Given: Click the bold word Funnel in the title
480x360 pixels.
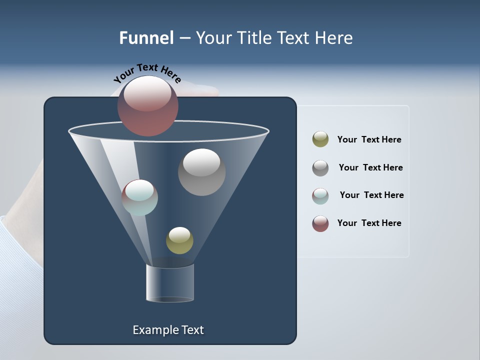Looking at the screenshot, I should coord(146,38).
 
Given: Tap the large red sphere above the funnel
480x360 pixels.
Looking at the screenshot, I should coord(148,105).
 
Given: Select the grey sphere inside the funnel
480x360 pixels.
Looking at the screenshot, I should coord(201,172).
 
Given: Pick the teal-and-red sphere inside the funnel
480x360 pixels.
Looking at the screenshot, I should coord(140,197).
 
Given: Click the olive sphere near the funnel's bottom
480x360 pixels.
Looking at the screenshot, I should coord(179,240).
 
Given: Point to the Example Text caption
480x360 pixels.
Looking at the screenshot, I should coord(168,330).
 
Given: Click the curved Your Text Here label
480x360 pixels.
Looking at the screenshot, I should coord(147,72).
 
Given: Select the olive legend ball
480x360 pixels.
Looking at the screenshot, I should coord(320,139).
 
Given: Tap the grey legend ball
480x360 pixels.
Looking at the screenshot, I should coord(320,168).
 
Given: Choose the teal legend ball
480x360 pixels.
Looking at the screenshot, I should coord(320,196).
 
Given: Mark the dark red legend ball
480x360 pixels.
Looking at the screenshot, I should coord(320,223).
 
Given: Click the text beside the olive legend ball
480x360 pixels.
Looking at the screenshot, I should coord(369,139).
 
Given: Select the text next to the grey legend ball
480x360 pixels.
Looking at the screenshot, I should coord(370,167).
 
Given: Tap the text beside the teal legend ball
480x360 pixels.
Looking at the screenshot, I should coord(371,195).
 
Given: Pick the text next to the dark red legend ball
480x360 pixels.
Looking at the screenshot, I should coord(369,223).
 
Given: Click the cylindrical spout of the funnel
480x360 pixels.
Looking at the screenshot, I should coord(170,283).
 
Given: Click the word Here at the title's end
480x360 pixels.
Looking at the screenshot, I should coord(334,38).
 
